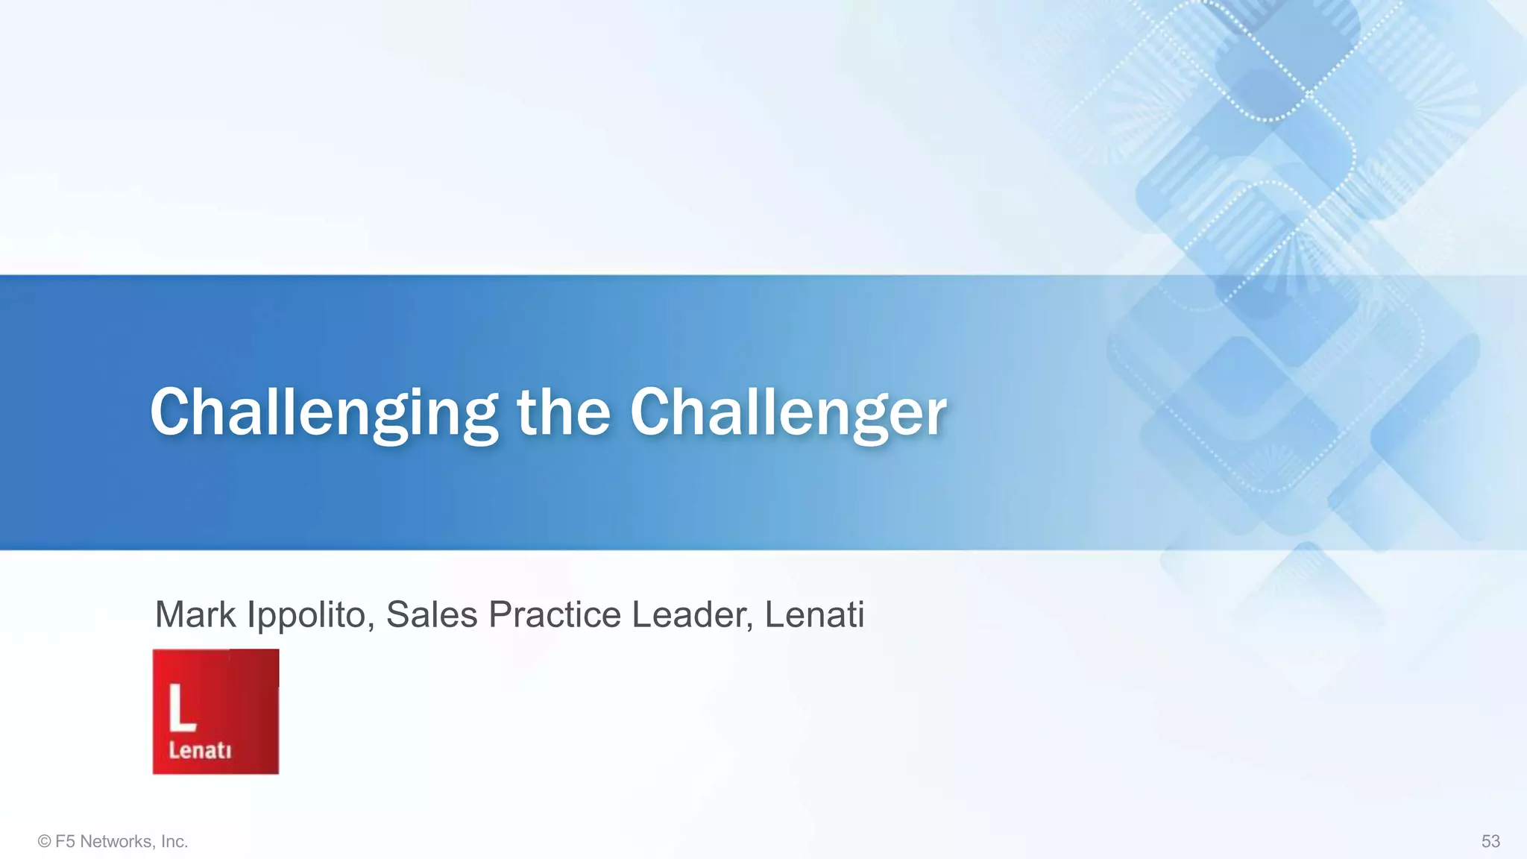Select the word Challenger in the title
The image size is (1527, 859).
click(788, 413)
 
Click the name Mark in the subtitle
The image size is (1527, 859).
click(195, 614)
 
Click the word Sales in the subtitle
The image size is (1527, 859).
click(432, 614)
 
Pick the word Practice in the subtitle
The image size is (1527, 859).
click(555, 614)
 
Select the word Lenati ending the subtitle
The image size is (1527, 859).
click(814, 614)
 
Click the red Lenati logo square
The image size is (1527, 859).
click(215, 711)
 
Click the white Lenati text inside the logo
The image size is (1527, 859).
click(199, 749)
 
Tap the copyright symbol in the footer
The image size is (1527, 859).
click(44, 842)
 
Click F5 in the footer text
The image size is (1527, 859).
click(65, 842)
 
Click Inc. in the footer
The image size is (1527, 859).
click(174, 842)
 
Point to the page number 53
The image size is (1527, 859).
click(1490, 842)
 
